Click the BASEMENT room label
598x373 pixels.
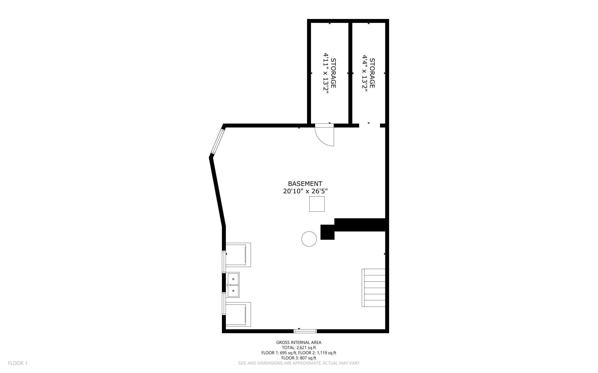click(x=305, y=183)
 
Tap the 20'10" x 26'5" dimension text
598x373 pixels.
click(x=305, y=191)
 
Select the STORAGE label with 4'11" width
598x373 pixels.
click(x=333, y=73)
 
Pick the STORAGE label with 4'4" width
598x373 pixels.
click(x=372, y=73)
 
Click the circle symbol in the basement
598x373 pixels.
click(x=309, y=239)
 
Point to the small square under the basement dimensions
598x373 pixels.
click(x=317, y=204)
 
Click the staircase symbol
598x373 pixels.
click(x=373, y=288)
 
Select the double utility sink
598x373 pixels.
click(x=233, y=285)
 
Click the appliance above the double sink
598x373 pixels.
click(x=238, y=255)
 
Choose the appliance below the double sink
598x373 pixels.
click(x=238, y=314)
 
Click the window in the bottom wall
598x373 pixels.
click(x=305, y=331)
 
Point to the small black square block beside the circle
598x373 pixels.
click(x=327, y=232)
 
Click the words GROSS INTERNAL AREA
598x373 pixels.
click(x=299, y=342)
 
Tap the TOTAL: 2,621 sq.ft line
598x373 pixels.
click(x=299, y=347)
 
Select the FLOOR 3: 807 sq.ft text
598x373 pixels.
click(x=299, y=358)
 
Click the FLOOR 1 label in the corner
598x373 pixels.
click(x=18, y=363)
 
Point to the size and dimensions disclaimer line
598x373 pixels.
click(x=299, y=363)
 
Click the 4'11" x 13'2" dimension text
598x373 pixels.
click(x=326, y=73)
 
